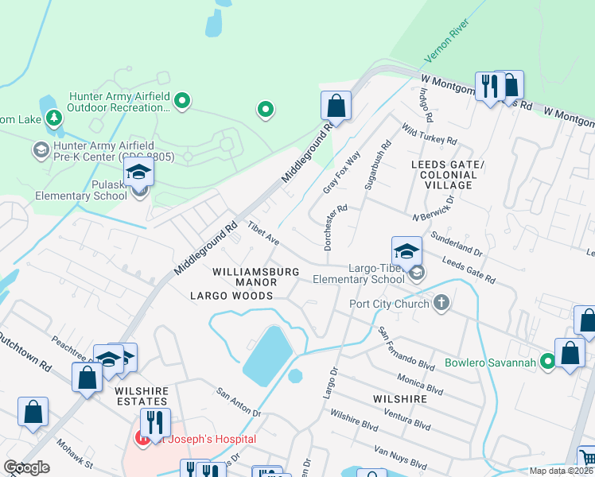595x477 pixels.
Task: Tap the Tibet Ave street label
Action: tap(262, 234)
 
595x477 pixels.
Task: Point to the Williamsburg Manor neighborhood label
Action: tap(256, 272)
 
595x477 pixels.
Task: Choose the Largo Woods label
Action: tap(231, 296)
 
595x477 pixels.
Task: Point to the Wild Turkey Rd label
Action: tap(430, 134)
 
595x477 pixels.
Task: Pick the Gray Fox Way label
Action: tap(342, 173)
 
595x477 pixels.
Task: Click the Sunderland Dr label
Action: tap(456, 242)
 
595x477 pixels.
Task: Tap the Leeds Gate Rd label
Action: tap(469, 272)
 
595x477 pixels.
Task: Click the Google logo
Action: tap(27, 467)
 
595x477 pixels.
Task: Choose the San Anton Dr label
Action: tap(239, 402)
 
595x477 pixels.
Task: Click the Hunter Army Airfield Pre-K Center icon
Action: tap(41, 149)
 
